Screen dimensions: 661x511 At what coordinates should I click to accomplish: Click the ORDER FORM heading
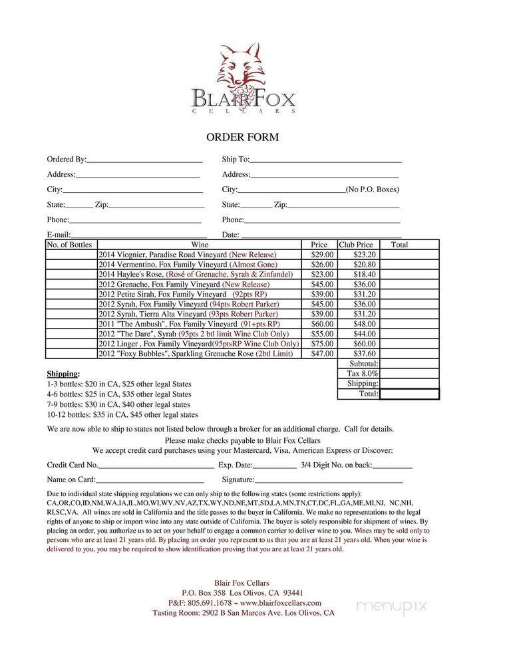242,138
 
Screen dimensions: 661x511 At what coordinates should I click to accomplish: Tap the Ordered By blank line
144,162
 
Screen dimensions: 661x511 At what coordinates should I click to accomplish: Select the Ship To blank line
325,162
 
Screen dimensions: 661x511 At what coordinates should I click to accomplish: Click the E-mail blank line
138,237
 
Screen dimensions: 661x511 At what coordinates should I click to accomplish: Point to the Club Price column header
356,245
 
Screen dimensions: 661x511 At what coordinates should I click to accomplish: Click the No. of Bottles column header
69,245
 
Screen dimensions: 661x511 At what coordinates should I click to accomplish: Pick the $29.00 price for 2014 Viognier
322,255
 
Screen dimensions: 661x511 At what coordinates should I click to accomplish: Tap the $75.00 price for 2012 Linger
322,344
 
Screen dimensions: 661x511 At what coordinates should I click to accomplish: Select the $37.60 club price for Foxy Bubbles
364,354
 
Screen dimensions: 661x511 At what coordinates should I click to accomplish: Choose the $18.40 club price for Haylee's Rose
364,274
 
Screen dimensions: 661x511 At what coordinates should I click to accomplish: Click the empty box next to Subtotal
409,364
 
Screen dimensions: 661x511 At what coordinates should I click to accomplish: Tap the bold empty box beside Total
409,394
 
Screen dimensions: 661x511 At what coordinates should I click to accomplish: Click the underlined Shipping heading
63,374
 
